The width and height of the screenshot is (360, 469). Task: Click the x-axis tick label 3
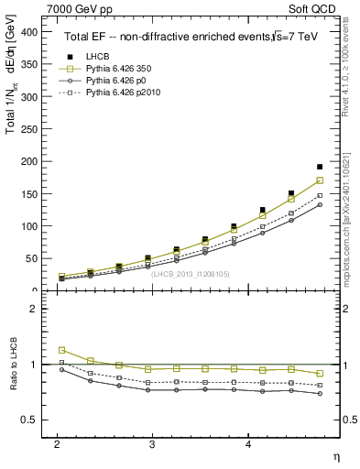(x=152, y=444)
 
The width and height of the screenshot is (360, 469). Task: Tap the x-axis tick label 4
(x=247, y=444)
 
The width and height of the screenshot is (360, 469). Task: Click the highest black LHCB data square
(x=320, y=167)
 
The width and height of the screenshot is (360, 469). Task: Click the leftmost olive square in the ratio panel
(x=61, y=350)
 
